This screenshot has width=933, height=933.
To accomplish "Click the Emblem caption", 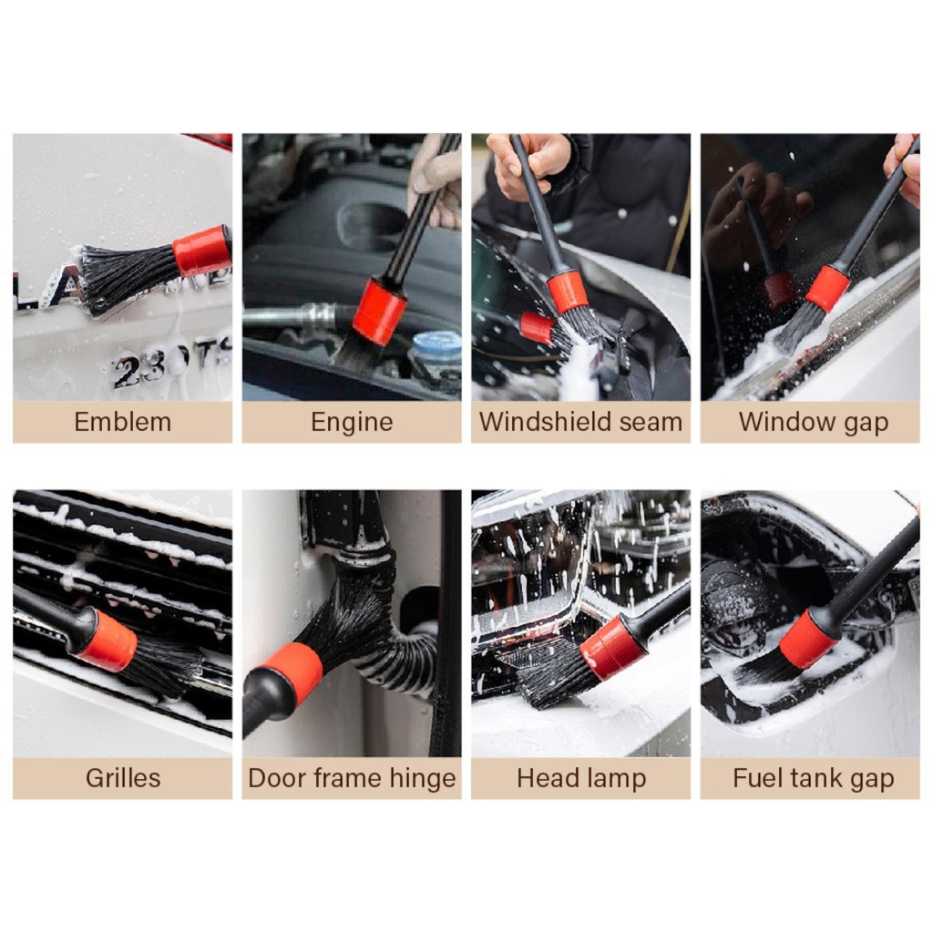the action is click(123, 422).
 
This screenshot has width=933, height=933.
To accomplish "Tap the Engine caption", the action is click(352, 423).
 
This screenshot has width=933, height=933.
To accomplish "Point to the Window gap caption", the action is click(814, 423).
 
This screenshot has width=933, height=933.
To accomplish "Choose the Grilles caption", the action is click(123, 778).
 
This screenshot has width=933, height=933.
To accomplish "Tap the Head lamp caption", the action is click(581, 779).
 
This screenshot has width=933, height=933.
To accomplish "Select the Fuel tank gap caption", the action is click(814, 779).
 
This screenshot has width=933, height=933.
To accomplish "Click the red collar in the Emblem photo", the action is click(202, 251).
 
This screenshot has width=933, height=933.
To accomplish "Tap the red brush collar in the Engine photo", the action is click(379, 313).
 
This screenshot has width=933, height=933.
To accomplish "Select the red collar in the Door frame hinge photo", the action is click(292, 672).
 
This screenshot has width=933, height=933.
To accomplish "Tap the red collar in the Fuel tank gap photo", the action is click(809, 639).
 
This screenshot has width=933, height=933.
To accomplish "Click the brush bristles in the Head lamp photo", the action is click(557, 678).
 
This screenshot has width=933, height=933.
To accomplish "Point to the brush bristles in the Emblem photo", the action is click(128, 278).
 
